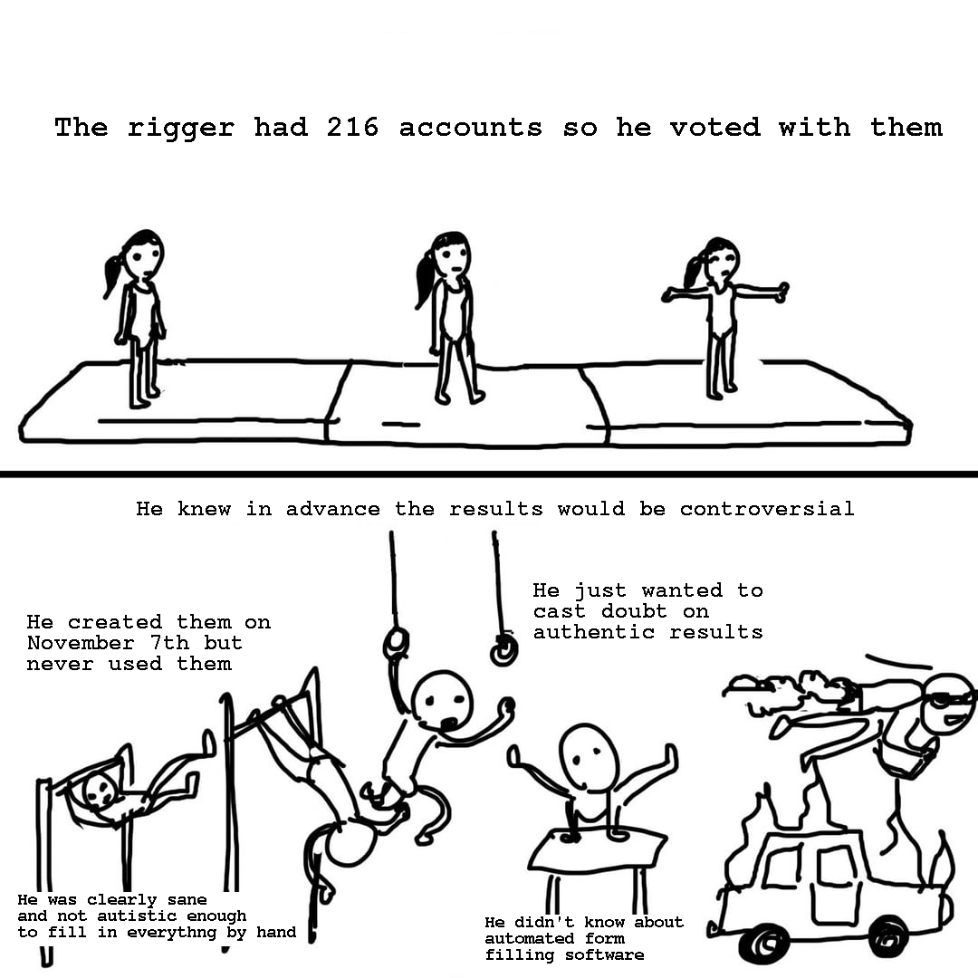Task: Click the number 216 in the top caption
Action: coord(352,128)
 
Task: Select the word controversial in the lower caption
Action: coord(767,509)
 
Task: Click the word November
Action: coord(81,643)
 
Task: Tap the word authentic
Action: coord(594,632)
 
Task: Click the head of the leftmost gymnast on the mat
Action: coord(143,254)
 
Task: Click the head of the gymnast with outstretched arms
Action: coord(722,261)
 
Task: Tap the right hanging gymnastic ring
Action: coord(503,650)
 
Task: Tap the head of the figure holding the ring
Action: coord(443,699)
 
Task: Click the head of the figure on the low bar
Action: coord(100,790)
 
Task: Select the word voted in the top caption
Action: coord(714,128)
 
